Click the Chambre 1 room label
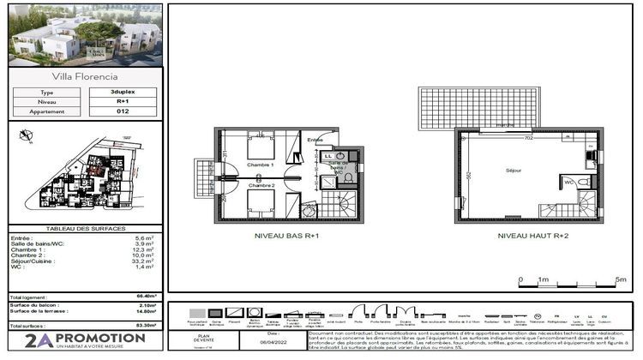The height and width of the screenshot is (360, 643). tap(260, 164)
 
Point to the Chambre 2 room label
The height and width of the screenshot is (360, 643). tap(261, 185)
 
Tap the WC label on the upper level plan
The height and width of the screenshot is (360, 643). tap(568, 182)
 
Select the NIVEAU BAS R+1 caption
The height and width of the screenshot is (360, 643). tap(287, 235)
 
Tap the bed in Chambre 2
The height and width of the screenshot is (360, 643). tap(261, 203)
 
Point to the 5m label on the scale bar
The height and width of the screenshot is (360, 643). tap(621, 280)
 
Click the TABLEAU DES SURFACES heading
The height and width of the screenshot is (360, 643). tap(83, 229)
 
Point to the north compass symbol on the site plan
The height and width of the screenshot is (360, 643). tap(26, 134)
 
